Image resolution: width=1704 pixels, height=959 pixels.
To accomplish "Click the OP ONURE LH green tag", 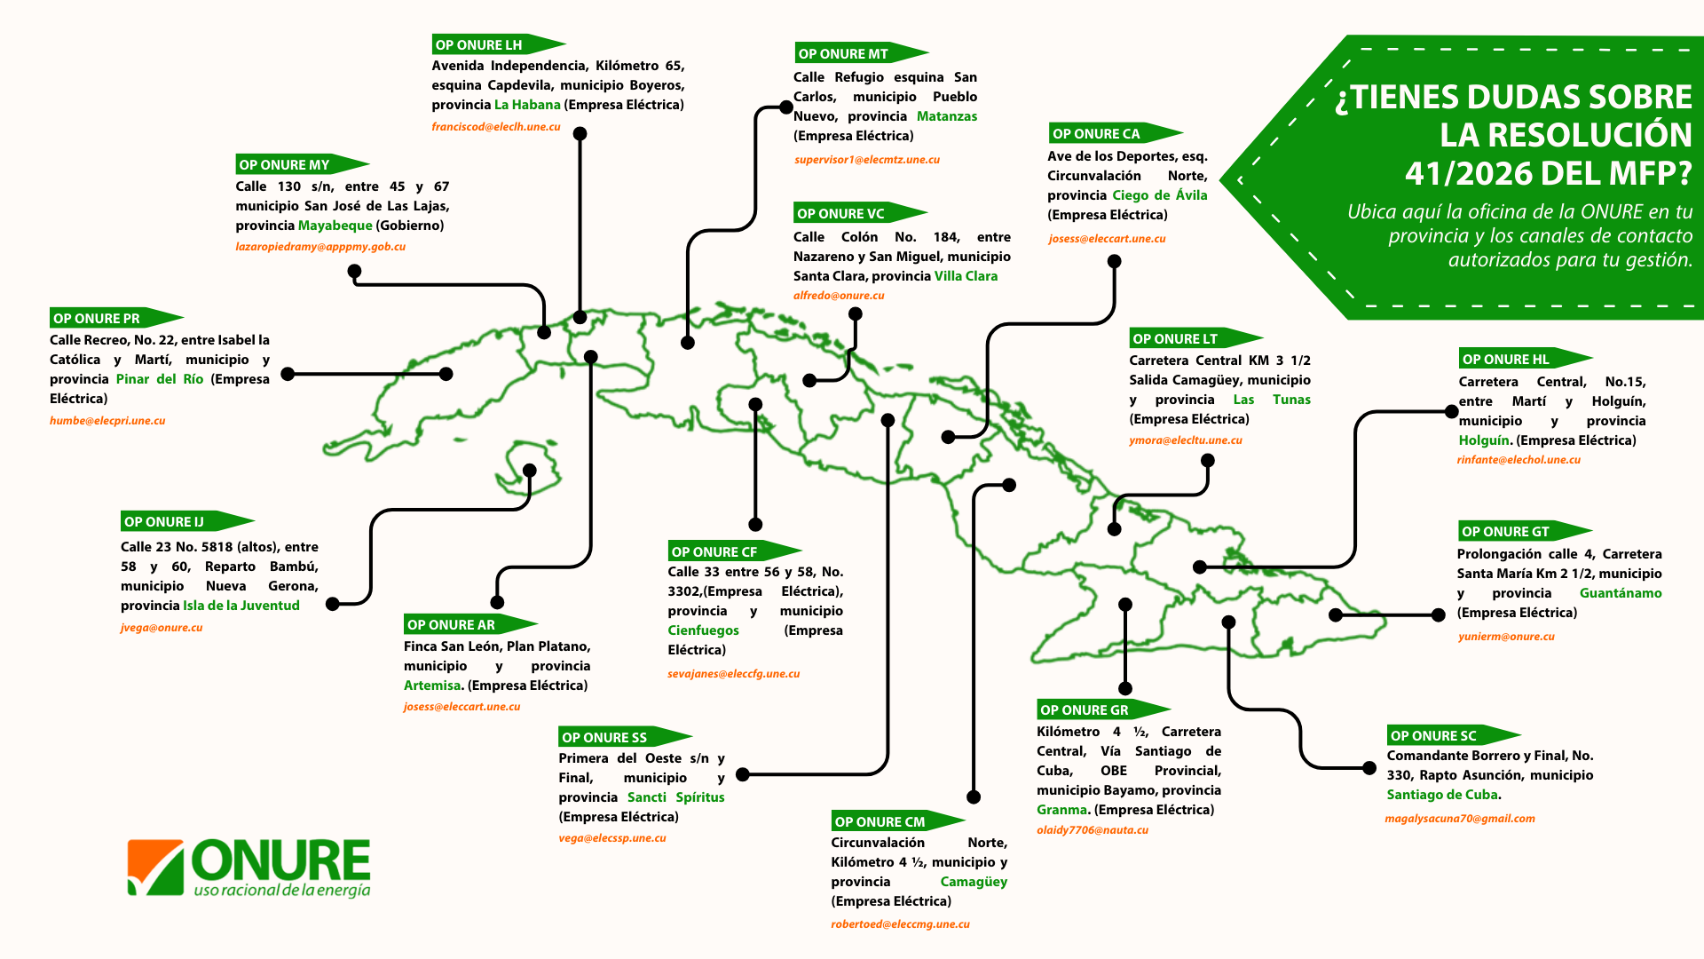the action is (498, 44).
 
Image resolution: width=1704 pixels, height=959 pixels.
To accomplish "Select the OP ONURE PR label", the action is (116, 318).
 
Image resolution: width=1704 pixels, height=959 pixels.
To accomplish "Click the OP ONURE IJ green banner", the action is (187, 521).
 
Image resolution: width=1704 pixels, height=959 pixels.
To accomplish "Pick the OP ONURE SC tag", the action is (1454, 735).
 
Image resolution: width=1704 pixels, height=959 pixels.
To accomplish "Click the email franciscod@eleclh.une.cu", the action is (496, 127).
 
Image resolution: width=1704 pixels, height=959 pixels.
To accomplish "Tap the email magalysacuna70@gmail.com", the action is (1460, 819).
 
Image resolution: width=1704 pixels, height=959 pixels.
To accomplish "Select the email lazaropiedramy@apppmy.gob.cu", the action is (320, 247).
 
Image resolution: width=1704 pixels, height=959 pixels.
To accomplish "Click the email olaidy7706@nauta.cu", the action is (1093, 830).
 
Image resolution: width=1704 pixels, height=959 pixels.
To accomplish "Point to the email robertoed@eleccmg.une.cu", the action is (900, 924).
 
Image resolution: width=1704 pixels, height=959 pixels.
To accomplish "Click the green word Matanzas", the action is (947, 116).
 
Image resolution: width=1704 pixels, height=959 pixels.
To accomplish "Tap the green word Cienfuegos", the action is (703, 630).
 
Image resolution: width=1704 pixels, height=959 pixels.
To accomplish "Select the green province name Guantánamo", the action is (1621, 593).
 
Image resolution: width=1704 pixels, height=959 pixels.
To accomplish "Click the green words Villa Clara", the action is (966, 276).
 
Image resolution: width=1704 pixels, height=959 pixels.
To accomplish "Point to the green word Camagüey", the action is (974, 882).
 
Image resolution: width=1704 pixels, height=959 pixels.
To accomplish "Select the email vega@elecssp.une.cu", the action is (612, 838).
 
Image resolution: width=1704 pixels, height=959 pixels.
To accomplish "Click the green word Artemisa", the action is (432, 686).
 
